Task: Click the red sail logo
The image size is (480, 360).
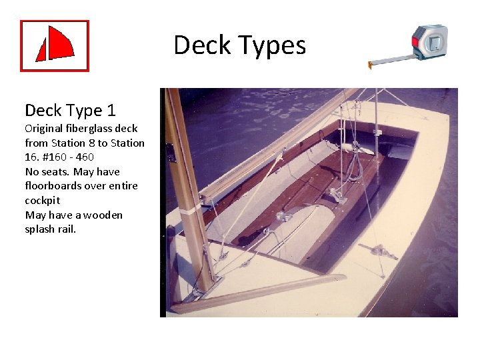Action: click(55, 46)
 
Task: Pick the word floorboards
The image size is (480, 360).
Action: click(55, 186)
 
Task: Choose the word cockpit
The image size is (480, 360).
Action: click(43, 201)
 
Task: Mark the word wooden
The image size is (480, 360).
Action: click(103, 215)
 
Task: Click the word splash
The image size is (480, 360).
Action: click(39, 229)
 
